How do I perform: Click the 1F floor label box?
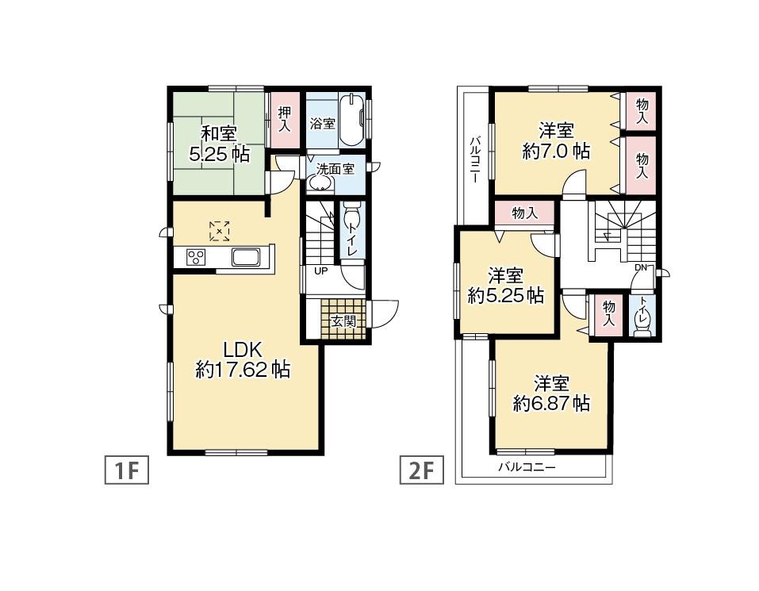pos(127,471)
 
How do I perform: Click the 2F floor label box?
pos(420,471)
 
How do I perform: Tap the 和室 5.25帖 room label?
pos(218,144)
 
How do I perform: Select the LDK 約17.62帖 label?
pos(242,359)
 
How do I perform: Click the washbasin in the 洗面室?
pos(320,183)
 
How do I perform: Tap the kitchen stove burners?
pos(196,257)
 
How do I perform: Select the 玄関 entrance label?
pos(343,321)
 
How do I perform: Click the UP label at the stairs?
pos(320,271)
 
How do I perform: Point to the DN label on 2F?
pos(640,267)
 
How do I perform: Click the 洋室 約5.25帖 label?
pos(505,286)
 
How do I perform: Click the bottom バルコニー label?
pos(527,468)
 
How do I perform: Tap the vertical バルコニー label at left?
pos(473,159)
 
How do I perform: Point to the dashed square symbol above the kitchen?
pos(220,231)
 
